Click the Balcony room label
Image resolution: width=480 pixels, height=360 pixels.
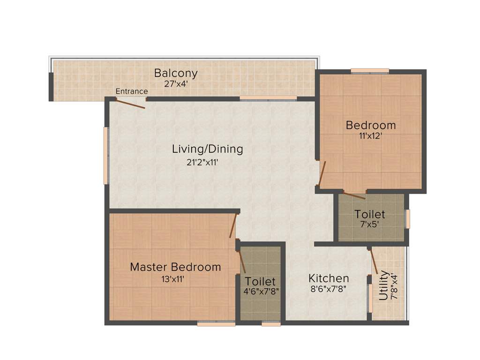pos(176,74)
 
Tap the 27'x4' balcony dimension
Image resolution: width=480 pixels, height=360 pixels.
pos(176,84)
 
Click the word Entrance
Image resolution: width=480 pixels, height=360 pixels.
pos(132,91)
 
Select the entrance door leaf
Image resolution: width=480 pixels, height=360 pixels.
pos(131,104)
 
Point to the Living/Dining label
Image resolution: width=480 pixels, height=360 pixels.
pos(207,149)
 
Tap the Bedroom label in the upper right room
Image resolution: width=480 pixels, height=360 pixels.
pos(370,125)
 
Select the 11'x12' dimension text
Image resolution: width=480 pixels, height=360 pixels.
pos(370,137)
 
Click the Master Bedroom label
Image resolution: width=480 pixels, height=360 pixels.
pos(175,267)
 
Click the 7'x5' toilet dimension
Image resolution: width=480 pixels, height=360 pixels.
pos(370,225)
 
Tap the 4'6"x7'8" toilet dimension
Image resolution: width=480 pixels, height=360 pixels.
pos(261,291)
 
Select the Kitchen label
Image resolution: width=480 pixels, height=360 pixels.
pos(329,278)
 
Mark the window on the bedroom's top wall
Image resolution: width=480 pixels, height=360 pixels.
pos(370,71)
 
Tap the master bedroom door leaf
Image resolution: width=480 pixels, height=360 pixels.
pos(233,226)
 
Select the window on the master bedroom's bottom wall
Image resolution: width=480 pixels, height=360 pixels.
pos(216,323)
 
